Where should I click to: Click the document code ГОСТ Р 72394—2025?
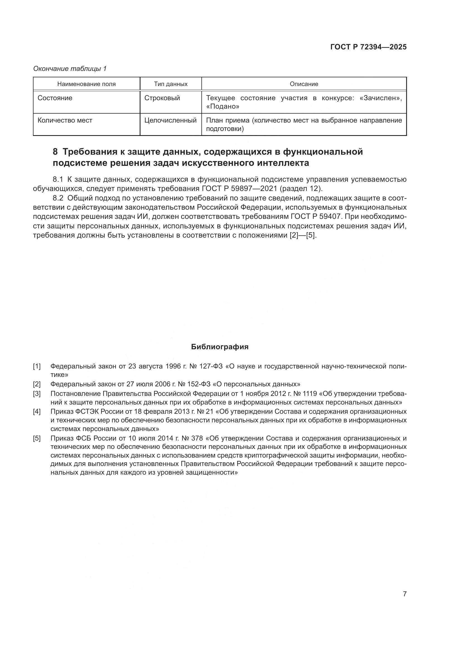point(368,47)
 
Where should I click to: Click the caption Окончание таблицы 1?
point(70,69)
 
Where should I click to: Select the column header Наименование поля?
point(87,84)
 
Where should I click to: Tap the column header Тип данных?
point(171,84)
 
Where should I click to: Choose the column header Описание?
point(304,84)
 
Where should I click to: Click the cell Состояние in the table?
point(55,98)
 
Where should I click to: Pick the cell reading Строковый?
point(162,98)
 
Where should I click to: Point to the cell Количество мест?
point(65,120)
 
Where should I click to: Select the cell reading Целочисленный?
point(170,120)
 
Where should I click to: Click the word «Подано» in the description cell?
point(222,107)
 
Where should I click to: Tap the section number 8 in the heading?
point(55,152)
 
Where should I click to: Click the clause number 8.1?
point(58,180)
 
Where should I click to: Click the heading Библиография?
point(220,347)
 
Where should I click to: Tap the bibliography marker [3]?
point(37,394)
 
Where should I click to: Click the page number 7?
point(404,594)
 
